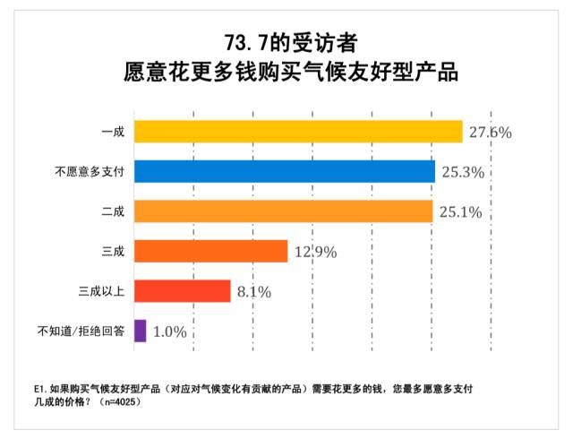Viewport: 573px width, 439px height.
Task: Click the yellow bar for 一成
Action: (x=297, y=132)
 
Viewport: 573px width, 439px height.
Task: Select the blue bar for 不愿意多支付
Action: (x=284, y=171)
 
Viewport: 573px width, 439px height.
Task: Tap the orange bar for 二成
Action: (x=283, y=211)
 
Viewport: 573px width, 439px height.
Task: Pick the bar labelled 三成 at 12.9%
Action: (x=210, y=251)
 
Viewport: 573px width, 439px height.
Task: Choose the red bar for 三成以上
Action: (x=182, y=290)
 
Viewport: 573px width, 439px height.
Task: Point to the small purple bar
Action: (x=140, y=331)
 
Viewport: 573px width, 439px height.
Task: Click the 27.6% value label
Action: (x=490, y=133)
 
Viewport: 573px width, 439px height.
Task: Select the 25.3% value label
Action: (x=463, y=172)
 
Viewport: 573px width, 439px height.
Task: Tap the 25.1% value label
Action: (x=462, y=212)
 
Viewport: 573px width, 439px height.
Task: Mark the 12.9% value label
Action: (x=315, y=252)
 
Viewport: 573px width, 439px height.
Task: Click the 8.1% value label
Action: (x=253, y=291)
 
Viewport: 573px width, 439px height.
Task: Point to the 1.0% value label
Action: (x=169, y=331)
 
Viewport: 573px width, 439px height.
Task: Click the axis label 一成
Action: (x=113, y=132)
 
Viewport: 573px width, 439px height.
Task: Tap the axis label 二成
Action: (x=113, y=211)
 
